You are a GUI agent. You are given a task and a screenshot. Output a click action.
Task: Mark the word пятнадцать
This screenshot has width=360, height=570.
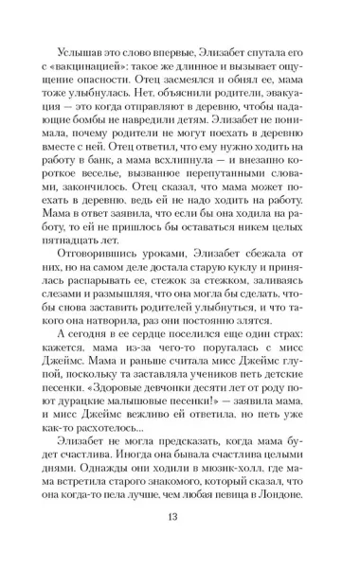tap(79, 262)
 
